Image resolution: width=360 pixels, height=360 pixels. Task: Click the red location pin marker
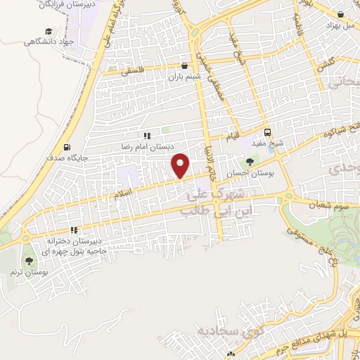(181, 165)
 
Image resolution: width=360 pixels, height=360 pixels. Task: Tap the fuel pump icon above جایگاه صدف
(67, 148)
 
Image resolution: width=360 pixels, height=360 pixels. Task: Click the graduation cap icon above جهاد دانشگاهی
(48, 31)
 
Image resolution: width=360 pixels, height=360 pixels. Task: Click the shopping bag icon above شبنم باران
(184, 66)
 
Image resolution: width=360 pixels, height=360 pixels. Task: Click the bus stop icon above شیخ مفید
(267, 132)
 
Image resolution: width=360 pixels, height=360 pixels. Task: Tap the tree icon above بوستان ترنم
(28, 260)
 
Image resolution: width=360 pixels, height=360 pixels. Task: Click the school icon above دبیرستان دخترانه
(73, 231)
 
